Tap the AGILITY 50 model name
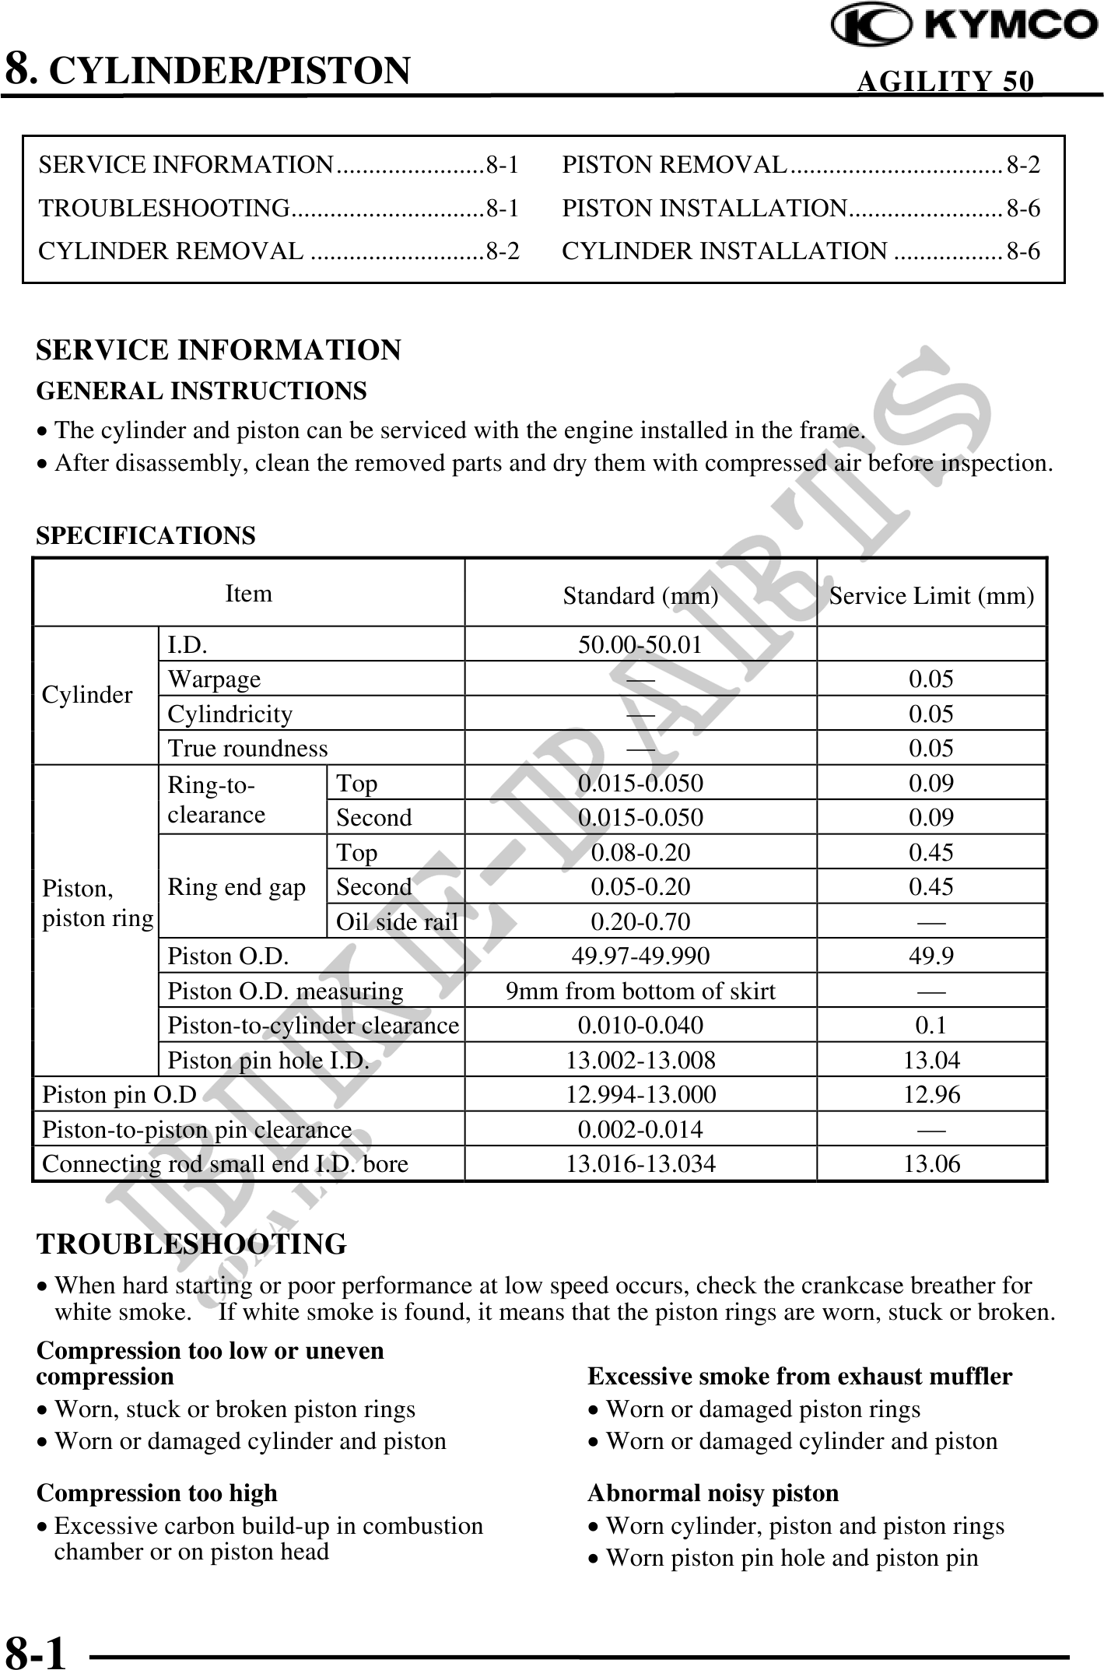(x=945, y=81)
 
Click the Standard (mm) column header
(x=640, y=596)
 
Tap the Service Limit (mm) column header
(x=931, y=596)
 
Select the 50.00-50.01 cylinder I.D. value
(x=640, y=644)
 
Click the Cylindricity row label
(x=230, y=714)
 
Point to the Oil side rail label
(x=396, y=921)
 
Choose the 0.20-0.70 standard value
(x=640, y=921)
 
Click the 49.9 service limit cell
(x=931, y=956)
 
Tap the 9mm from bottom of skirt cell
(x=640, y=991)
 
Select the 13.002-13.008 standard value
(x=640, y=1060)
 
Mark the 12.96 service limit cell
(x=931, y=1095)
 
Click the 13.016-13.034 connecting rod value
(x=640, y=1164)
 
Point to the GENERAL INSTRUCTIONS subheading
(x=202, y=391)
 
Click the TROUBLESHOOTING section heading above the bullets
(x=191, y=1244)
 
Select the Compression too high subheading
(x=156, y=1493)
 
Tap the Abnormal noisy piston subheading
(x=713, y=1493)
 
